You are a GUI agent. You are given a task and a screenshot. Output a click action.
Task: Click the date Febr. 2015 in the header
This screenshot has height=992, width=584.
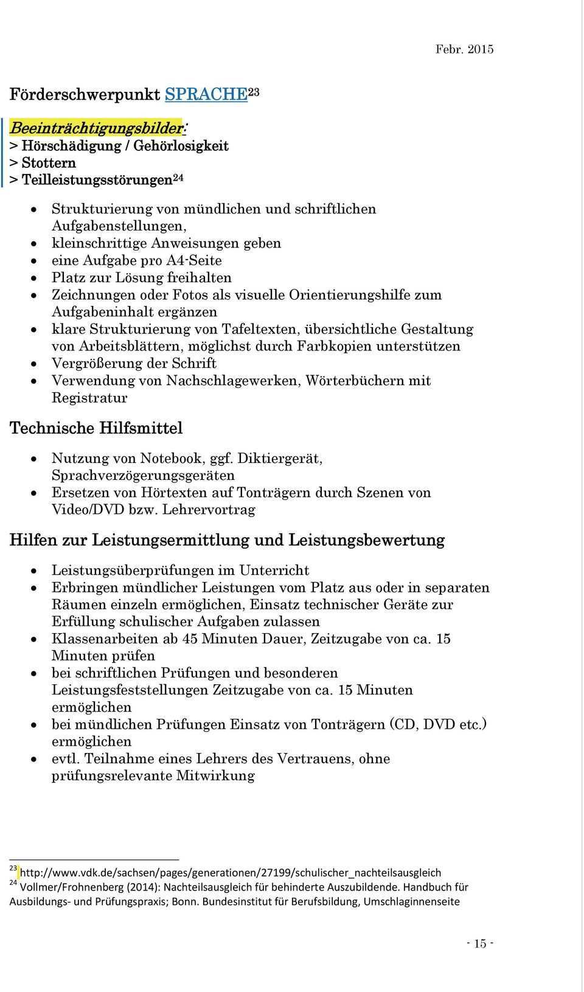[x=464, y=49]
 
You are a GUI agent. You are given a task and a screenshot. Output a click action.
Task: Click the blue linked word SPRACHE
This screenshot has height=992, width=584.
[x=206, y=94]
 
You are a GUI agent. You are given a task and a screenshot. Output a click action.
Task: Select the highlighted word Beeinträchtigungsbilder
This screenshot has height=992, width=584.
[x=96, y=128]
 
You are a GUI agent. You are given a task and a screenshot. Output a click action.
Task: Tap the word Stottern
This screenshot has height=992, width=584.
[x=49, y=163]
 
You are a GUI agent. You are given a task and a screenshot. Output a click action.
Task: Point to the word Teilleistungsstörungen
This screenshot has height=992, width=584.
[x=97, y=180]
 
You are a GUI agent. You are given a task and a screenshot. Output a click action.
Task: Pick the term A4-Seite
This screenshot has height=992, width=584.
[x=194, y=260]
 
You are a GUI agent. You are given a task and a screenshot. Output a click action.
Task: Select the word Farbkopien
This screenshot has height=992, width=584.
[x=335, y=346]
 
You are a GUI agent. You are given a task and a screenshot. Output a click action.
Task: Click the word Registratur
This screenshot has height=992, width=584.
[x=89, y=398]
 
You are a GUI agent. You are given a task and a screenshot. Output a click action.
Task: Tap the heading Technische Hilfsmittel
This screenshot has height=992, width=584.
[x=96, y=428]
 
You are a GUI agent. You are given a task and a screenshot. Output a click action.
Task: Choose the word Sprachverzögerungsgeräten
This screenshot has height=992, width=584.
[x=143, y=475]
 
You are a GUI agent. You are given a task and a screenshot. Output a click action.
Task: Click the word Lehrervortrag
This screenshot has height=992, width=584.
[x=209, y=510]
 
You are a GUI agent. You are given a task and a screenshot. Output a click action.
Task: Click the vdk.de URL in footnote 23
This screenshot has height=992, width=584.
[x=231, y=873]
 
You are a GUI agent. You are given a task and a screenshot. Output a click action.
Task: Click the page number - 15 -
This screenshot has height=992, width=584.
[x=480, y=943]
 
